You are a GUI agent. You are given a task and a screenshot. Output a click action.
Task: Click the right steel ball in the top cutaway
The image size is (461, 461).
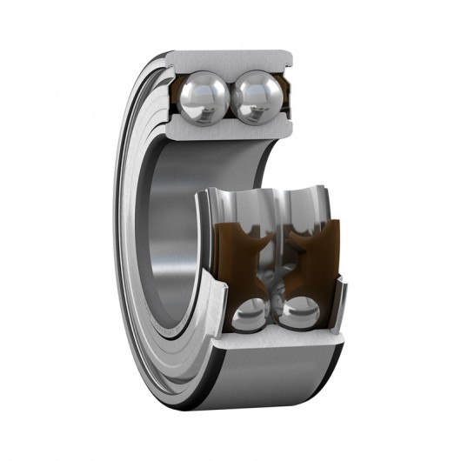(x=257, y=95)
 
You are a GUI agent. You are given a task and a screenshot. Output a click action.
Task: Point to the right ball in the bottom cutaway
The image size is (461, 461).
(x=299, y=314)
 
